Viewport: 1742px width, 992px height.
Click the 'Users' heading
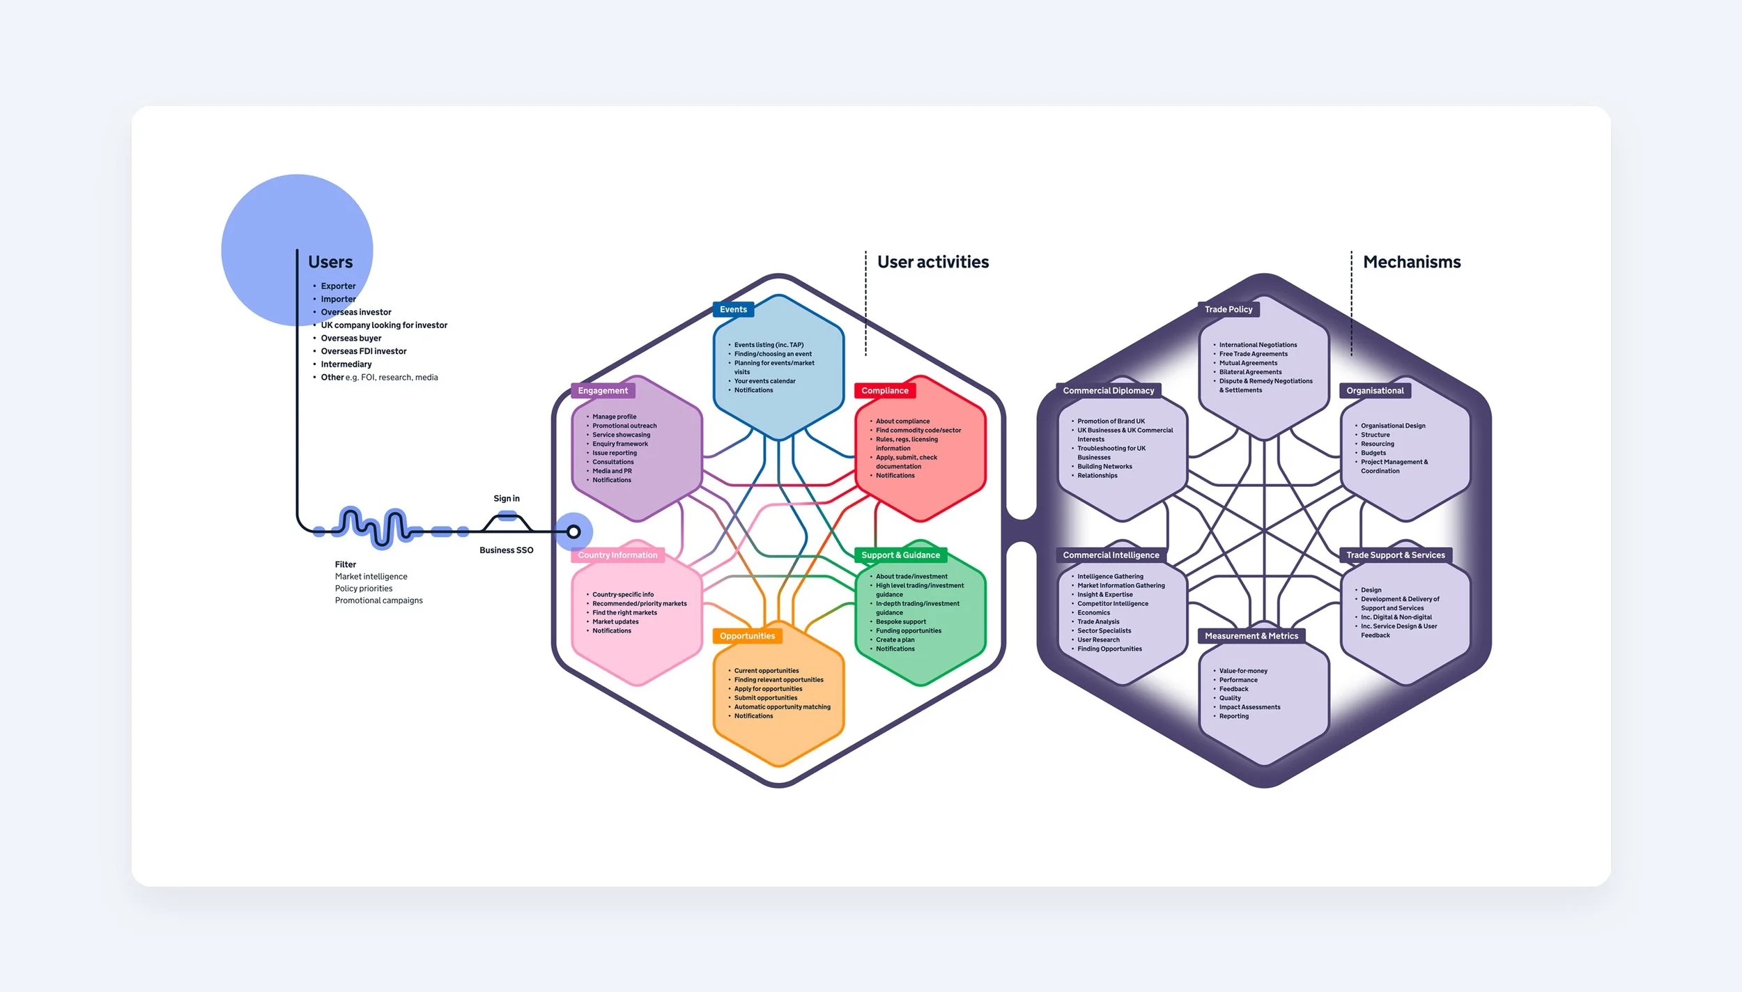pos(330,262)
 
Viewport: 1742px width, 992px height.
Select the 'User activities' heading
pos(932,262)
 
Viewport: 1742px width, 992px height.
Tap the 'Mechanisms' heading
pos(1411,262)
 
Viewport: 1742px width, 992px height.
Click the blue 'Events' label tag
pos(733,309)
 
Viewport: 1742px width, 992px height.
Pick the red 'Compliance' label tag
pos(884,391)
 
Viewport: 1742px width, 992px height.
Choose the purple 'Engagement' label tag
pos(603,391)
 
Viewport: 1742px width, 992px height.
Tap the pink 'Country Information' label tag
pos(617,555)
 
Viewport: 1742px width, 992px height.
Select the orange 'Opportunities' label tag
pos(747,636)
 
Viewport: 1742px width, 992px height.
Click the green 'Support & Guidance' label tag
pos(900,555)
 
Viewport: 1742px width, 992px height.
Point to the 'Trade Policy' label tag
pos(1228,309)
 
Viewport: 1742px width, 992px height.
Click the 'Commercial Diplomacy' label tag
pos(1108,391)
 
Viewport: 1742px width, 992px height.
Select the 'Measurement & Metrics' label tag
pos(1251,636)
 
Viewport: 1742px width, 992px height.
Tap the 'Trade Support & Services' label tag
pos(1395,555)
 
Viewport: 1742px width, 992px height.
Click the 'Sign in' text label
pos(507,499)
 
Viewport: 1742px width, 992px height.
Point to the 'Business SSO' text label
pos(507,550)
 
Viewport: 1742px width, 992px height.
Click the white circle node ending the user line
pos(573,532)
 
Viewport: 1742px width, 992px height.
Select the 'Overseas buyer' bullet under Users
pos(350,339)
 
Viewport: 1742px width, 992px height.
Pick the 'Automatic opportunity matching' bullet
pos(782,707)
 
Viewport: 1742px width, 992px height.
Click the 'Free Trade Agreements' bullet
pos(1253,354)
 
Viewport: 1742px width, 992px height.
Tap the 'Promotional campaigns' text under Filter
pos(378,600)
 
